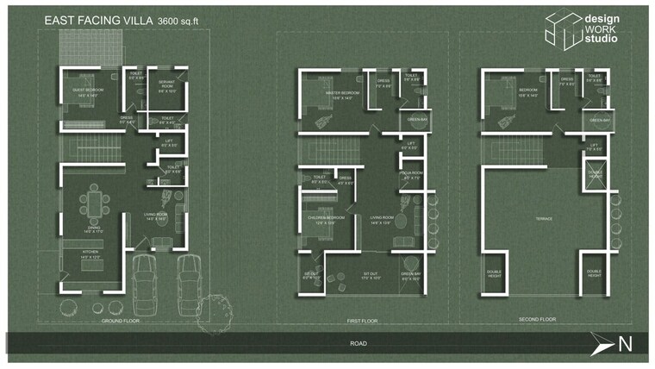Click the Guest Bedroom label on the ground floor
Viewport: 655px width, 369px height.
(x=89, y=93)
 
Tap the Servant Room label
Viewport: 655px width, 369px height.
(x=167, y=84)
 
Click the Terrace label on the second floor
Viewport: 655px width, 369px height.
(x=544, y=219)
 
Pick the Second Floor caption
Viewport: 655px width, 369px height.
(x=536, y=320)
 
